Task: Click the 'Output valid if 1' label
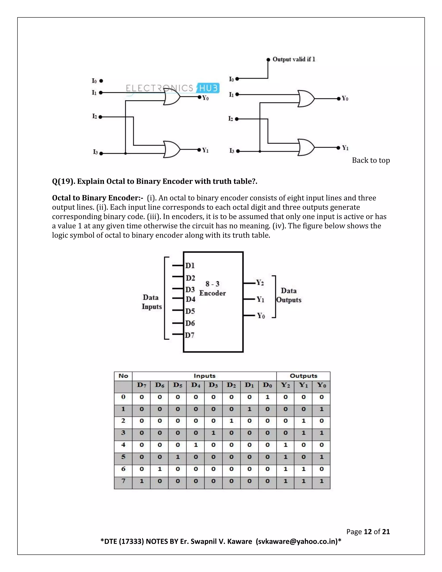tap(294, 59)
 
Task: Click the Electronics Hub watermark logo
tap(172, 88)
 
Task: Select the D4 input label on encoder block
tap(190, 299)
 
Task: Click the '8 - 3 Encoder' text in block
tap(212, 288)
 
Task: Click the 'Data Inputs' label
tap(152, 302)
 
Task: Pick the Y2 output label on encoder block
tap(260, 283)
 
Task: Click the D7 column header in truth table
tap(141, 385)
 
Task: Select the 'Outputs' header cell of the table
tap(303, 376)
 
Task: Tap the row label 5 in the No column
tap(123, 457)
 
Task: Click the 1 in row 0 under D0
tap(267, 397)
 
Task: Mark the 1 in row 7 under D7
tap(141, 481)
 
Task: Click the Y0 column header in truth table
tap(321, 385)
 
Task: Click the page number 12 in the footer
tap(368, 531)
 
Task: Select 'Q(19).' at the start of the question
tap(64, 181)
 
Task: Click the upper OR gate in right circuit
tap(306, 99)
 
